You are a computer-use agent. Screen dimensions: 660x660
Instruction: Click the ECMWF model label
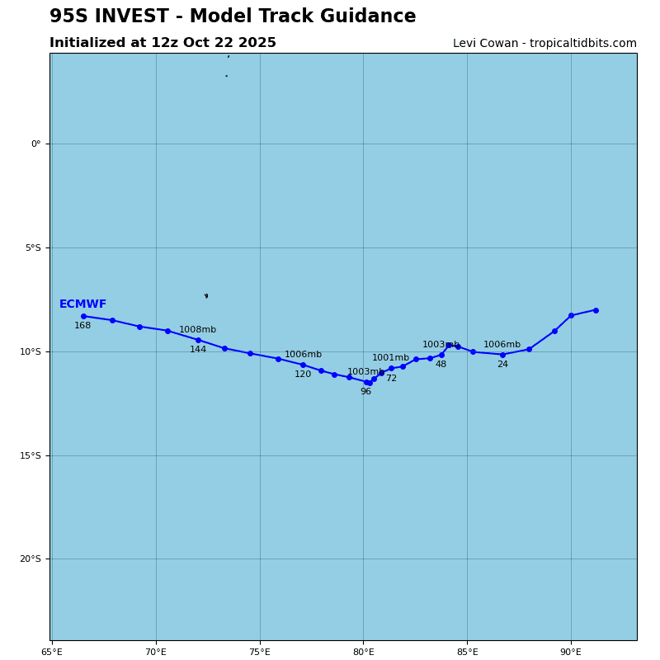pos(82,304)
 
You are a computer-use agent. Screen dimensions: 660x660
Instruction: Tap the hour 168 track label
pos(82,326)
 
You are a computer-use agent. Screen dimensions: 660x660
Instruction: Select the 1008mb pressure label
pos(197,330)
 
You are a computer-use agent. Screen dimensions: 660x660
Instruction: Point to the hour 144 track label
pos(198,350)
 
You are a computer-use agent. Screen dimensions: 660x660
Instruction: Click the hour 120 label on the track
pos(303,375)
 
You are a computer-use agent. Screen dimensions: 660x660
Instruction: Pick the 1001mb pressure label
pos(390,358)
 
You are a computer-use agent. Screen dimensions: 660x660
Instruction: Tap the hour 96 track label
pos(365,392)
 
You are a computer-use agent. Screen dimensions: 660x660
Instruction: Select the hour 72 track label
pos(391,379)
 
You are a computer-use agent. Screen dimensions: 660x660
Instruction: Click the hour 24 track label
pos(502,365)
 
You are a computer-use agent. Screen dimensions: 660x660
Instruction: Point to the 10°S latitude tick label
pos(31,351)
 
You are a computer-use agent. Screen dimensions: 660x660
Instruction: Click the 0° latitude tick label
pos(35,144)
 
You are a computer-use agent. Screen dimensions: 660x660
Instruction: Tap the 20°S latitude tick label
pos(31,559)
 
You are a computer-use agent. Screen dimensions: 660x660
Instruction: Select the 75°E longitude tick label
pos(260,652)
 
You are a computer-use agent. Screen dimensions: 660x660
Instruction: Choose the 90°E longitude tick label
pos(571,652)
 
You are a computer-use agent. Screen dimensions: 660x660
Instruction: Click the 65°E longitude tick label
pos(52,652)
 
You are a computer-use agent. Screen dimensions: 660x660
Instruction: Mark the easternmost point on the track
pos(596,310)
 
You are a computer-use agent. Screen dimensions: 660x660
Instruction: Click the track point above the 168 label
pos(83,316)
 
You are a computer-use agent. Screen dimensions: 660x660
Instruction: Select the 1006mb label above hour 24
pos(502,345)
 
